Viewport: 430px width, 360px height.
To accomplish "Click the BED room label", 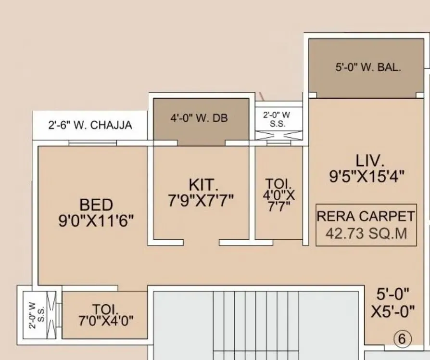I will pyautogui.click(x=96, y=205).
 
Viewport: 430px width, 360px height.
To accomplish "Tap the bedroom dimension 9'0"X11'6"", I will pyautogui.click(x=96, y=221).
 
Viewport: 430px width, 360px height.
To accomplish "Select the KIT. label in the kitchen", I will pyautogui.click(x=203, y=184).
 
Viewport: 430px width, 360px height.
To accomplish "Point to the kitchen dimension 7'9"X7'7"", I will pyautogui.click(x=201, y=200).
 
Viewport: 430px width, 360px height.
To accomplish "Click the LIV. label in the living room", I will pyautogui.click(x=370, y=160).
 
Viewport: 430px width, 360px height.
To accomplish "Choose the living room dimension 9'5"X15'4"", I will pyautogui.click(x=367, y=177).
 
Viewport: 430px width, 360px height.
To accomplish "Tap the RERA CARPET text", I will pyautogui.click(x=366, y=216).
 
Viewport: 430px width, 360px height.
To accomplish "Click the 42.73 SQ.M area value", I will pyautogui.click(x=366, y=234).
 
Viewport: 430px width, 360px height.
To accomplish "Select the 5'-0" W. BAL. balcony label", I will pyautogui.click(x=368, y=67).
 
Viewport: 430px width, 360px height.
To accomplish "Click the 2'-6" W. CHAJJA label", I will pyautogui.click(x=90, y=126).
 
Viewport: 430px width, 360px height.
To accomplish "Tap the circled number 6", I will pyautogui.click(x=402, y=339).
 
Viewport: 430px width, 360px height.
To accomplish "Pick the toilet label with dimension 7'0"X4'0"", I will pyautogui.click(x=106, y=314).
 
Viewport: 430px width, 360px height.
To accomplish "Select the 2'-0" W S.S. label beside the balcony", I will pyautogui.click(x=278, y=119).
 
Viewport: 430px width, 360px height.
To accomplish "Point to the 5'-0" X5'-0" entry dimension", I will pyautogui.click(x=392, y=302).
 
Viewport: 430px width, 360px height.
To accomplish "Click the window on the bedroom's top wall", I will pyautogui.click(x=92, y=142).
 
